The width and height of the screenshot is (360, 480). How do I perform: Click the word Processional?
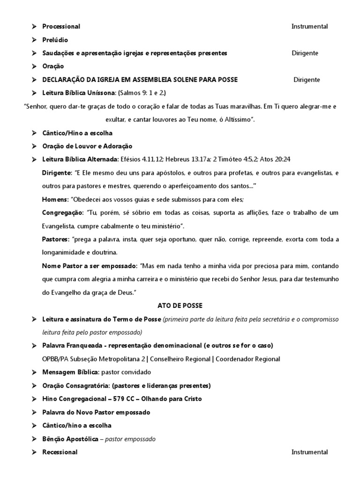61,27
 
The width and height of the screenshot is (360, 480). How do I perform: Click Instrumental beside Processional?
309,27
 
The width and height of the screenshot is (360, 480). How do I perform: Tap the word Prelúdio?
55,40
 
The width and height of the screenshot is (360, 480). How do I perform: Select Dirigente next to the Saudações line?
305,53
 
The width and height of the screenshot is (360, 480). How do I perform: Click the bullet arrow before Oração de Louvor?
34,147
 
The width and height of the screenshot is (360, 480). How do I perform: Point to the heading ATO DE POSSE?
180,306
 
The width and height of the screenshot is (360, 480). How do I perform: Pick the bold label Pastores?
56,240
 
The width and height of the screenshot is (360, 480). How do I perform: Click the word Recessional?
60,452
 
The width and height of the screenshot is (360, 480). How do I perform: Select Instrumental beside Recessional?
309,452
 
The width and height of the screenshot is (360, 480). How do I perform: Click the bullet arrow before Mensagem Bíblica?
34,372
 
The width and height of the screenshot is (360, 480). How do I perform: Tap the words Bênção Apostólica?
70,439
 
